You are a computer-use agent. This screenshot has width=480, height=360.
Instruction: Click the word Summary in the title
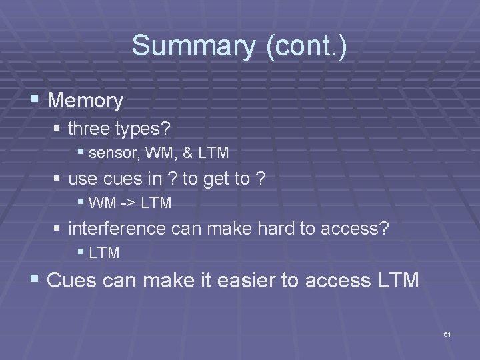coord(193,46)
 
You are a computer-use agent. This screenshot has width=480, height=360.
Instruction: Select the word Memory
coord(86,101)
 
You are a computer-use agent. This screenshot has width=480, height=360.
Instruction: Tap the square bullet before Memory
coord(35,99)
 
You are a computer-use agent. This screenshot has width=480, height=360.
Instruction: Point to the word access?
coord(355,228)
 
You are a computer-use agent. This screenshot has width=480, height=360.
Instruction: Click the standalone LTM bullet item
coord(104,253)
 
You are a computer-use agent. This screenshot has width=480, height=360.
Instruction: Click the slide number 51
coord(447,333)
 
